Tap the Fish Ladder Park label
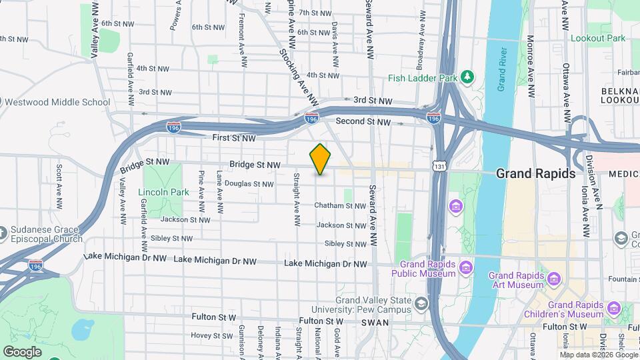pos(423,78)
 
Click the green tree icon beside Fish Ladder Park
pos(468,77)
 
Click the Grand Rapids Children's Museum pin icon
pos(613,309)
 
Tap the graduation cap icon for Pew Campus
pos(421,304)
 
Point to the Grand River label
pos(503,70)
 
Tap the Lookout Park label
pos(598,38)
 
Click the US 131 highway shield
pos(438,165)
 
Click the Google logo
pos(22,351)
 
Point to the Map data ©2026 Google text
pos(599,355)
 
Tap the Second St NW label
pos(363,121)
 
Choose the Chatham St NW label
pos(340,206)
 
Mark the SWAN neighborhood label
pos(370,322)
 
